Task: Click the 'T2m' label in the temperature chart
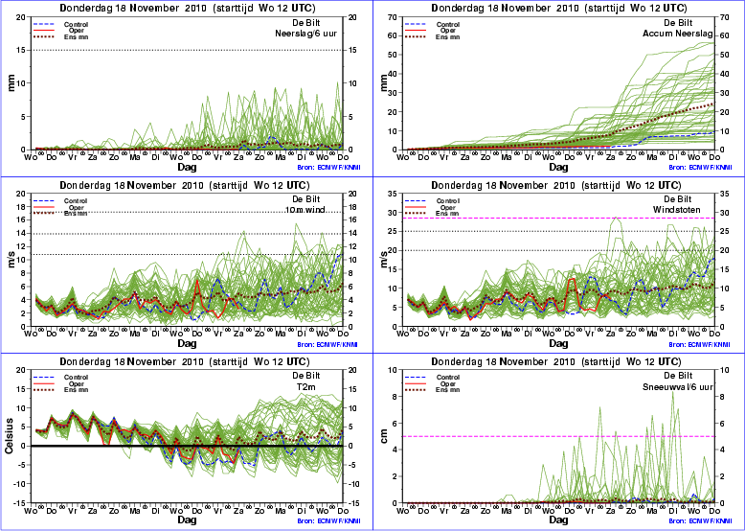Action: pos(320,386)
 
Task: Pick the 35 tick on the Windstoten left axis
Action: pos(395,195)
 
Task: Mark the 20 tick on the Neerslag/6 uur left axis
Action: pos(23,17)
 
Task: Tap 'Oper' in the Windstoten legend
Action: pos(446,206)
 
